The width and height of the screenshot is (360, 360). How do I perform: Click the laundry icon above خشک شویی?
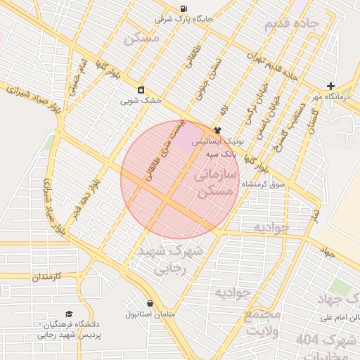141,89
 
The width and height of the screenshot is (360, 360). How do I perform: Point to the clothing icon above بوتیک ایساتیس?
217,130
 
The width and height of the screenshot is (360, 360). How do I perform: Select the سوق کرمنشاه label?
263,184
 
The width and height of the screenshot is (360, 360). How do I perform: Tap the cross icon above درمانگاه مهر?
330,86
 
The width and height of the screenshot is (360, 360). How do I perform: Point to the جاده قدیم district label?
292,25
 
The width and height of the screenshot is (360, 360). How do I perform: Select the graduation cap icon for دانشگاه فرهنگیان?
68,314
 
